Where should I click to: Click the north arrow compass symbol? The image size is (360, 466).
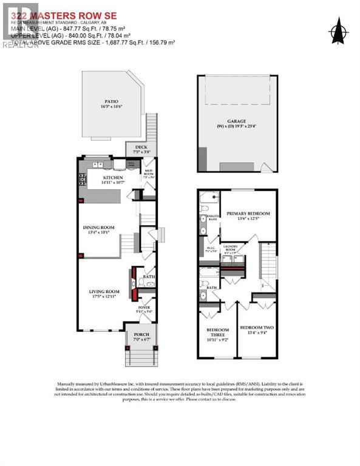coord(338,29)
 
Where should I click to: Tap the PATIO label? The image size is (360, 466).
coord(111,101)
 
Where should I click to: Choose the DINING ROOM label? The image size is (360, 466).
coord(99,228)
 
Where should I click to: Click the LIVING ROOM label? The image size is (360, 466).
coord(104,291)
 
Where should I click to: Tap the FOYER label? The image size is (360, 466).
coord(144,307)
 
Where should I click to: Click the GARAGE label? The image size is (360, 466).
coord(236,121)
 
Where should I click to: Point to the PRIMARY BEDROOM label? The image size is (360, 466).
coord(248,214)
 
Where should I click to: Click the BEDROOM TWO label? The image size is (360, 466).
coord(256,328)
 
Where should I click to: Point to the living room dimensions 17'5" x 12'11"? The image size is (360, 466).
coord(104,297)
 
